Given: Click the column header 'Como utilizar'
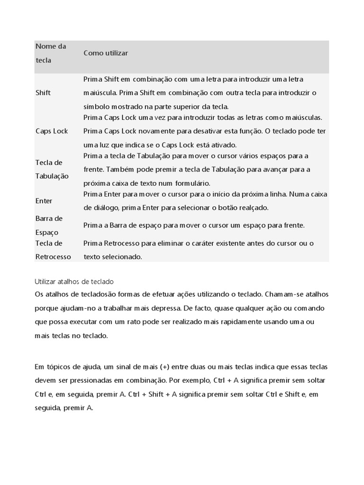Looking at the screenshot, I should pyautogui.click(x=106, y=53).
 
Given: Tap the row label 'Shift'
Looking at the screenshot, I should pyautogui.click(x=43, y=93).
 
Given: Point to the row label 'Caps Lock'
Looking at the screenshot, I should pyautogui.click(x=52, y=131).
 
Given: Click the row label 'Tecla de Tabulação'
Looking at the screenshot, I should pyautogui.click(x=52, y=169).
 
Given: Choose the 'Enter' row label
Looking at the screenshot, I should pyautogui.click(x=44, y=201).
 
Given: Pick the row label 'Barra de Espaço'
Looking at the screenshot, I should pyautogui.click(x=49, y=225).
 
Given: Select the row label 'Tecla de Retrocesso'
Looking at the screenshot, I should pyautogui.click(x=53, y=250).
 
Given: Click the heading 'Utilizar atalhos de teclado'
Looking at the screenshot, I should pyautogui.click(x=74, y=281).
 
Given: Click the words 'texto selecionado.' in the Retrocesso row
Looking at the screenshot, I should pyautogui.click(x=113, y=257).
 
